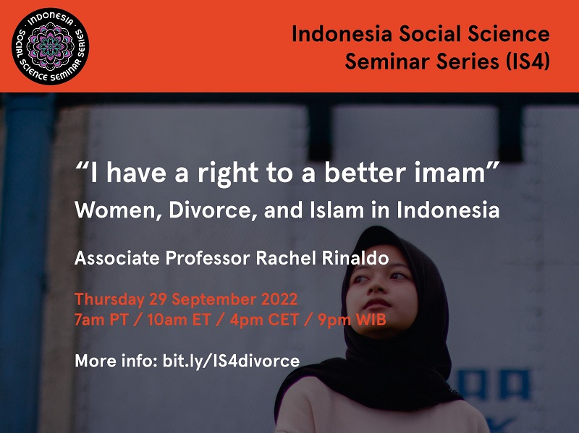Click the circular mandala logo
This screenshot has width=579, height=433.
pyautogui.click(x=50, y=46)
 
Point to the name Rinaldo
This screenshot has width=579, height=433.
pyautogui.click(x=355, y=258)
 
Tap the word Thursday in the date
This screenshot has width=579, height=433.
pyautogui.click(x=109, y=299)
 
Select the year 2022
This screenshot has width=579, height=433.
pyautogui.click(x=279, y=299)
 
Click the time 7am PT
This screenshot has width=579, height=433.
pyautogui.click(x=101, y=320)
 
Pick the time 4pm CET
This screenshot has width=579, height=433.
pyautogui.click(x=264, y=320)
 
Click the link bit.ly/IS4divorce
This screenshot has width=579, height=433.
pyautogui.click(x=231, y=361)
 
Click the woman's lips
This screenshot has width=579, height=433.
pyautogui.click(x=376, y=304)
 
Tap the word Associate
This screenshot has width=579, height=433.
pyautogui.click(x=117, y=258)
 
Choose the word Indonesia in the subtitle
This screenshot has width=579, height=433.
pyautogui.click(x=448, y=210)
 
